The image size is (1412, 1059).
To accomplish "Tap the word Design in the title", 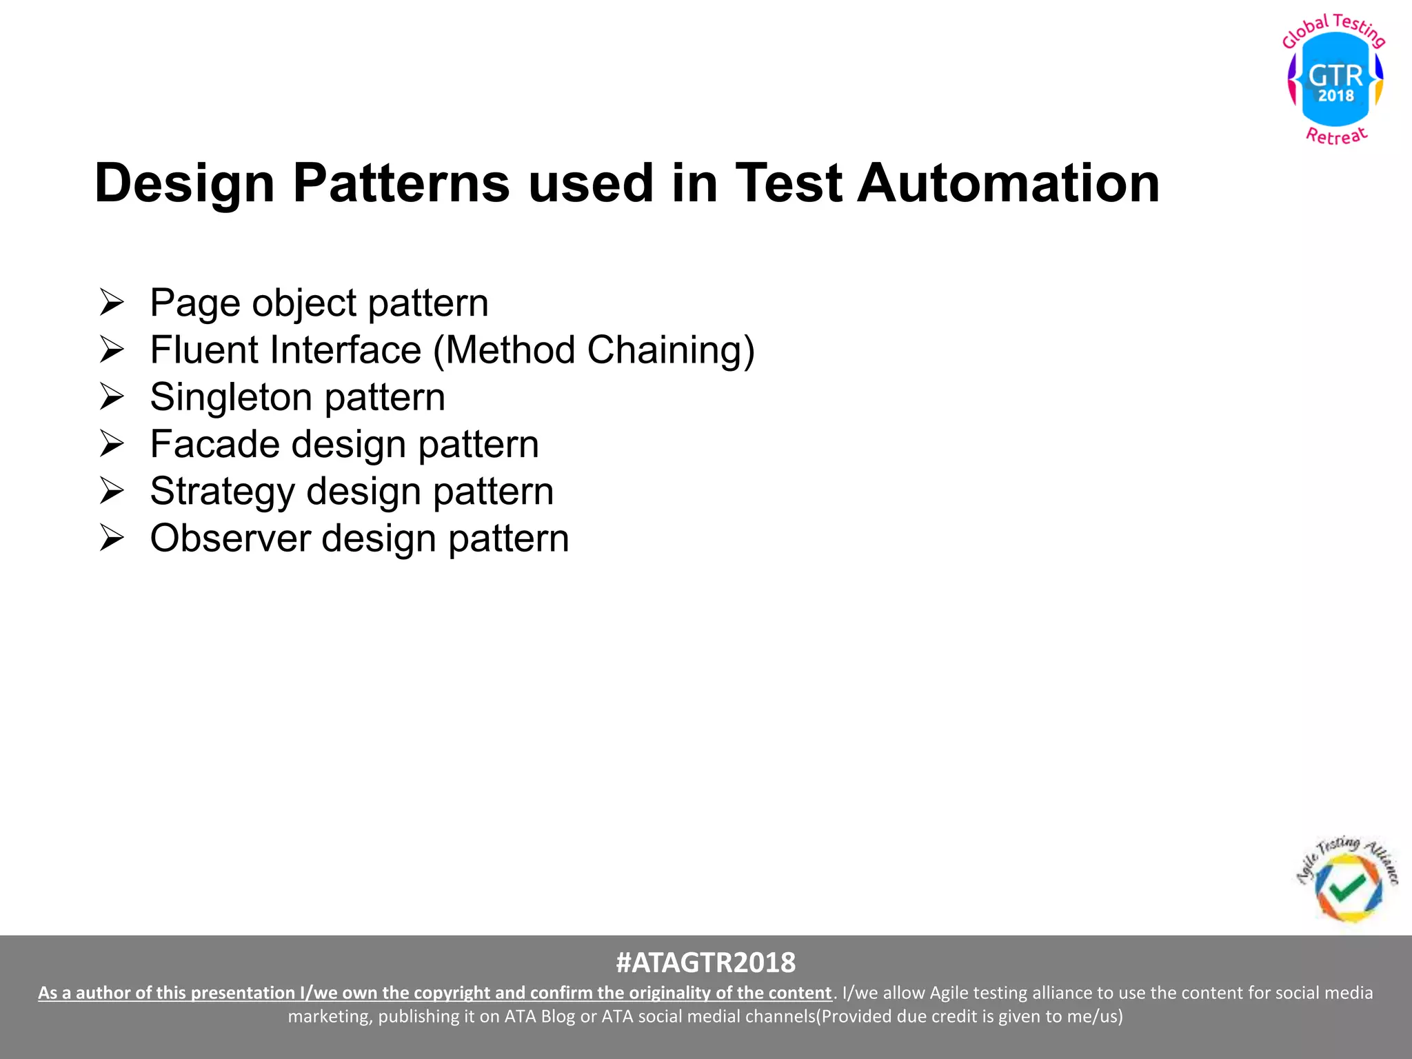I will tap(184, 183).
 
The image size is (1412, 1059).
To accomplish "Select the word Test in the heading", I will tap(787, 183).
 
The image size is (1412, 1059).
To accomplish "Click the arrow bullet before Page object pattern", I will tap(111, 303).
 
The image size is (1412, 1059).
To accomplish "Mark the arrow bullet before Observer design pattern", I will tap(111, 538).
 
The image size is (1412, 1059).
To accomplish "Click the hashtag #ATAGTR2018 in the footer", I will tap(705, 962).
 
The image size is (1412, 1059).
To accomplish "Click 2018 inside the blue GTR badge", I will tap(1335, 96).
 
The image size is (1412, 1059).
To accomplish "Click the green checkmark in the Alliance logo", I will tap(1347, 887).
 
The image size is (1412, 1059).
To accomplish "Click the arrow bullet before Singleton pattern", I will tap(111, 397).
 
